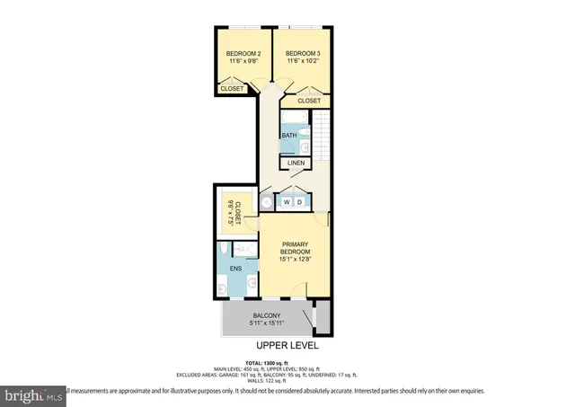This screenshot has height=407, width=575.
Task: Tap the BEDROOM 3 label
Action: [303, 53]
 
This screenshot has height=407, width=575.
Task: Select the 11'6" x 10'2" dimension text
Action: [303, 62]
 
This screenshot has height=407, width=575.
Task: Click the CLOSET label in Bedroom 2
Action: [233, 88]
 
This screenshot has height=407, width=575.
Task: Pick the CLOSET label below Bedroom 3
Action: [308, 101]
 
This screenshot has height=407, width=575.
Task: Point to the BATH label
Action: [289, 136]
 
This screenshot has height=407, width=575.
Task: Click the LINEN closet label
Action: [296, 164]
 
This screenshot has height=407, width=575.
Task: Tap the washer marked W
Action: [287, 203]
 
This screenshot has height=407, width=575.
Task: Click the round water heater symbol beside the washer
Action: [266, 203]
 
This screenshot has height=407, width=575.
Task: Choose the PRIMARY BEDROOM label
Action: [295, 247]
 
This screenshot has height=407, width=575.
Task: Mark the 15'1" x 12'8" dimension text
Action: [295, 261]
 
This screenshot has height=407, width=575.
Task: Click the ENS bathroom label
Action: [235, 269]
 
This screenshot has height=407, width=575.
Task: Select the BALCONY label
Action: [268, 314]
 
